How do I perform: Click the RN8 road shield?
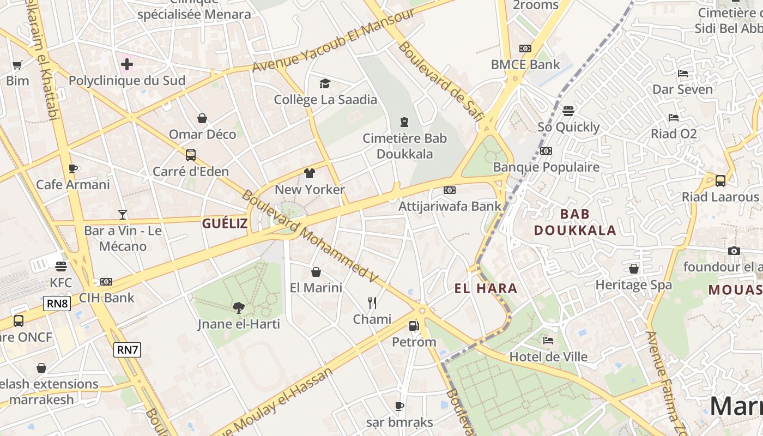(x=57, y=304)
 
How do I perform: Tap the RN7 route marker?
(x=127, y=349)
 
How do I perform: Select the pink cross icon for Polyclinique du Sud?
(x=127, y=65)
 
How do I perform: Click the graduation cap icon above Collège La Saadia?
(x=325, y=83)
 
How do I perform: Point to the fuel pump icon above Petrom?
(x=414, y=326)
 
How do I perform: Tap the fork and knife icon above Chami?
(x=372, y=303)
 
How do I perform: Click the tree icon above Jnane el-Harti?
(x=238, y=308)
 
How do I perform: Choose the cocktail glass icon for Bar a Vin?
(x=123, y=215)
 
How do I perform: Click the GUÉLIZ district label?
(x=225, y=223)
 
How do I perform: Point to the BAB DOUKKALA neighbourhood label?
(x=575, y=222)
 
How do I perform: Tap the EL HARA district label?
(x=486, y=288)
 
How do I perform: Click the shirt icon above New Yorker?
(x=310, y=173)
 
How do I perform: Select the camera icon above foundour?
(x=734, y=251)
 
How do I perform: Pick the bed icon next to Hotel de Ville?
(x=548, y=341)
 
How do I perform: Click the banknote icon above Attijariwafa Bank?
(x=450, y=190)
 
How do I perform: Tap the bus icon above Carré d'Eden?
(x=191, y=155)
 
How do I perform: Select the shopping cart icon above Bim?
(x=17, y=65)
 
